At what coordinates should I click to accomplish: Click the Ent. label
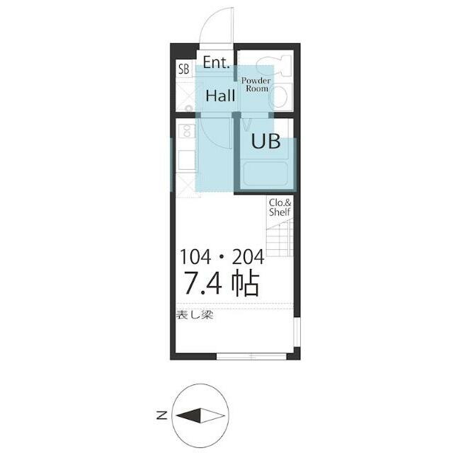pyautogui.click(x=215, y=62)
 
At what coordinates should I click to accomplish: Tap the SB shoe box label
pyautogui.click(x=183, y=69)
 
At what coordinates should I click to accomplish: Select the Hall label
pyautogui.click(x=220, y=96)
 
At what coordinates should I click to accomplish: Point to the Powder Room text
pyautogui.click(x=255, y=84)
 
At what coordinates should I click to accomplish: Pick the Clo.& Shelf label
pyautogui.click(x=280, y=207)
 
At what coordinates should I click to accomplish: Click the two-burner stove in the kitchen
pyautogui.click(x=188, y=131)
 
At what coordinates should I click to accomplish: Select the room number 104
pyautogui.click(x=196, y=257)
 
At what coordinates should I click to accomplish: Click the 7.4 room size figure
pyautogui.click(x=205, y=283)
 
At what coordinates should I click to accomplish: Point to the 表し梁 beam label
pyautogui.click(x=195, y=314)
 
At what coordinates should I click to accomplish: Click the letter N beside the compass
pyautogui.click(x=162, y=416)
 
